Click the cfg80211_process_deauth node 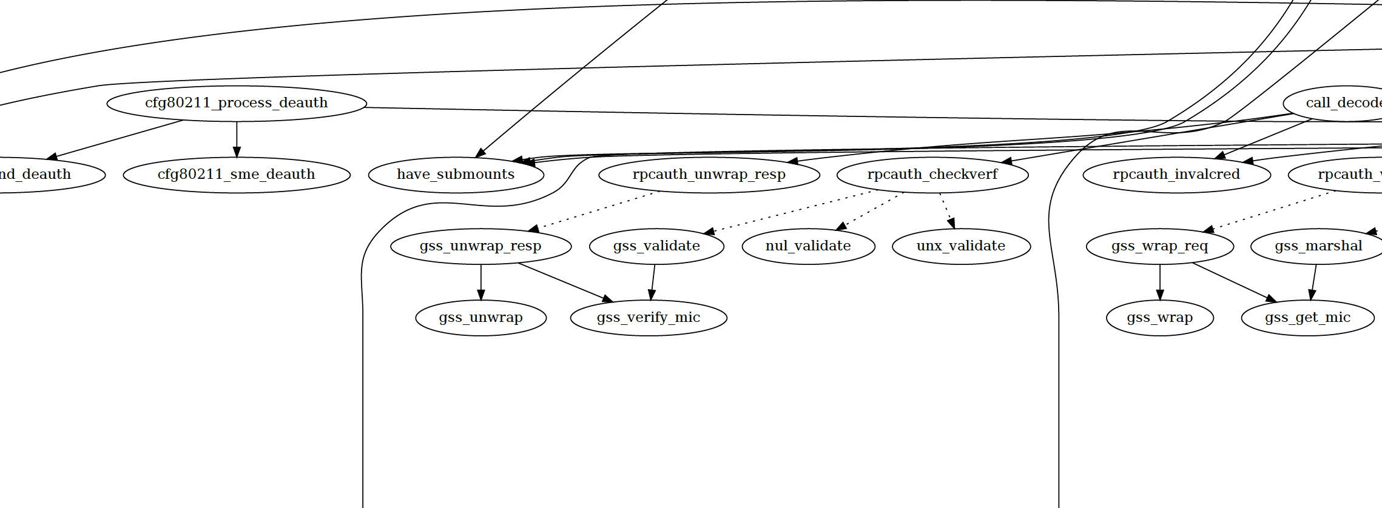pos(237,103)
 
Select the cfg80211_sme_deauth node pos(237,175)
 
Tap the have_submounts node pos(456,175)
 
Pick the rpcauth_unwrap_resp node pos(709,175)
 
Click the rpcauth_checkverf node pos(932,175)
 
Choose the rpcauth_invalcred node pos(1176,175)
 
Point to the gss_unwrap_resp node pos(480,246)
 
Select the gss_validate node pos(656,246)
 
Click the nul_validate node pos(808,246)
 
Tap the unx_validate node pos(961,246)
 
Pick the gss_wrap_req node pos(1159,246)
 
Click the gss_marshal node pos(1318,246)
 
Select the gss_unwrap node pos(480,318)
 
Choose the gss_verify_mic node pos(649,318)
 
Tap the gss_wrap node pos(1159,318)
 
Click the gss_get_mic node pos(1307,318)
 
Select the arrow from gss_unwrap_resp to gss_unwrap pos(480,282)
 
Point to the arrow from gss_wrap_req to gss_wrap pos(1159,282)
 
